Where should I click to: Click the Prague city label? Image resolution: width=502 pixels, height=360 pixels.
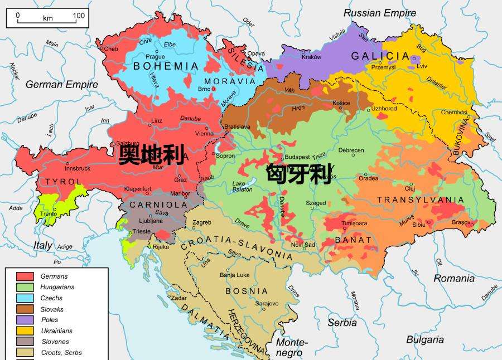[x=155, y=57]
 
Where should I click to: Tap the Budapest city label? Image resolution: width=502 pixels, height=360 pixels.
[x=297, y=157]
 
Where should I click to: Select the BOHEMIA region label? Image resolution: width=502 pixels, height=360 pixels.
[x=166, y=66]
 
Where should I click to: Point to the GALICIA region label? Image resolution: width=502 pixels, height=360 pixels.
[x=380, y=56]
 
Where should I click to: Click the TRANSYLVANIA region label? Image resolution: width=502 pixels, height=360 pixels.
[x=420, y=200]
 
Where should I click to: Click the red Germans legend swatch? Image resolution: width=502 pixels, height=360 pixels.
[x=25, y=276]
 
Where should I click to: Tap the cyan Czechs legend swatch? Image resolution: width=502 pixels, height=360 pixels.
[x=25, y=298]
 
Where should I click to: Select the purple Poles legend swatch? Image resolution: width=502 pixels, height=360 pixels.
[x=25, y=320]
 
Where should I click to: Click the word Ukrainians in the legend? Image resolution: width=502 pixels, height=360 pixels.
[x=56, y=331]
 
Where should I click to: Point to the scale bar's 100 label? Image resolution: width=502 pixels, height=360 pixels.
[x=79, y=16]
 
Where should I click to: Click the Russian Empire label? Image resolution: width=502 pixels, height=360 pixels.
[x=379, y=13]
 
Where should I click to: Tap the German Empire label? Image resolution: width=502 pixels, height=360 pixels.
[x=61, y=85]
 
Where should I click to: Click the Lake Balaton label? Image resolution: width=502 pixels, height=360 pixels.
[x=242, y=187]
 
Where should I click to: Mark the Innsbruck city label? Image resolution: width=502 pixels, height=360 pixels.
[x=77, y=168]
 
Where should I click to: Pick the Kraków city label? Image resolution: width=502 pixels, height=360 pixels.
[x=311, y=57]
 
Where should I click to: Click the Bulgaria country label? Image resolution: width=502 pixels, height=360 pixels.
[x=424, y=339]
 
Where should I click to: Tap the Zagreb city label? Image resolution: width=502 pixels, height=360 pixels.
[x=201, y=223]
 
